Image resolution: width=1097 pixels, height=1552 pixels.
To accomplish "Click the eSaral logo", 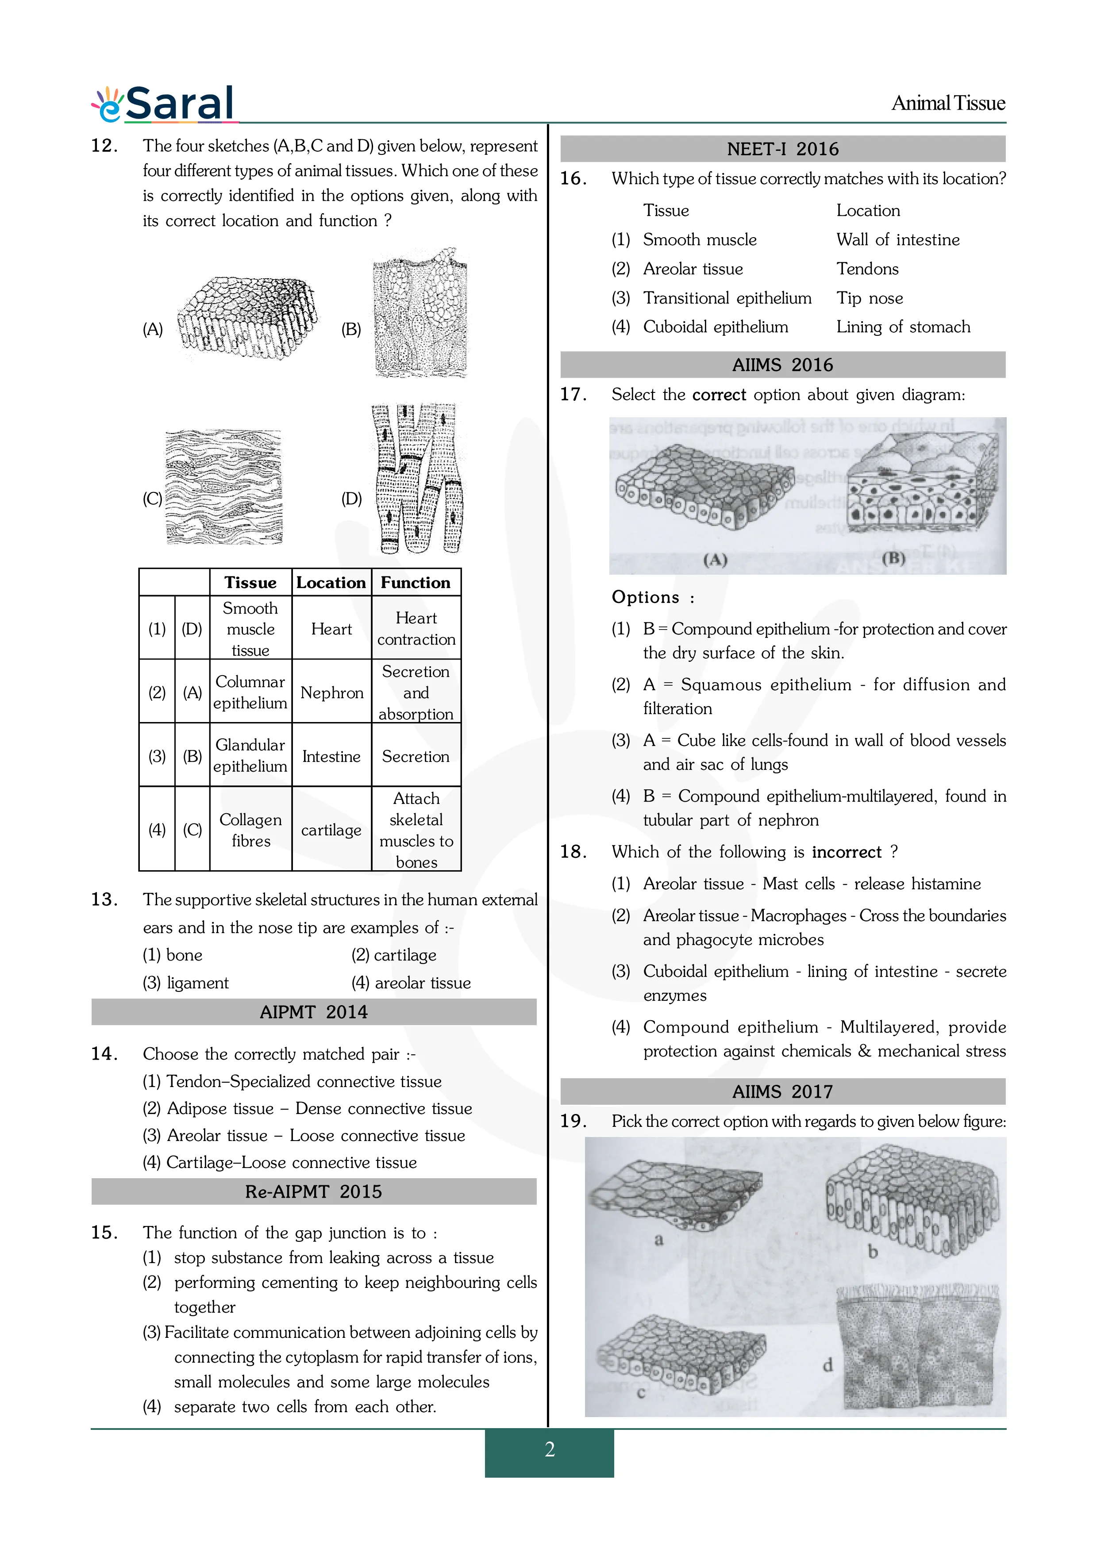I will (164, 104).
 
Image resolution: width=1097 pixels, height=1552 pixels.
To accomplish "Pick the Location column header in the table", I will (331, 583).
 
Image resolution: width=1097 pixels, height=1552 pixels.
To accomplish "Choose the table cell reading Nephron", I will (331, 693).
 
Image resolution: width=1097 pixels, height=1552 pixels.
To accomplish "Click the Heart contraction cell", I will (416, 629).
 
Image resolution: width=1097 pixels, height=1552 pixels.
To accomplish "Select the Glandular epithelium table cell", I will (250, 756).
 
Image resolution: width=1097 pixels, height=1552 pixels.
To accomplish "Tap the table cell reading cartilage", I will (331, 830).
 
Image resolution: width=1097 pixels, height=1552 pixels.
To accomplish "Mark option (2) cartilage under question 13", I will (393, 955).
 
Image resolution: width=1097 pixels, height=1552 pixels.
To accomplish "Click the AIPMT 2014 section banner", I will (314, 1012).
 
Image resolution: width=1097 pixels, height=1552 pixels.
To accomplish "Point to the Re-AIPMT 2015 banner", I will (314, 1192).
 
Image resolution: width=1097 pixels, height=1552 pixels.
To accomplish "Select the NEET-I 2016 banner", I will (783, 149).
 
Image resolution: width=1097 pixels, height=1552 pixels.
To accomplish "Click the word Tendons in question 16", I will (867, 269).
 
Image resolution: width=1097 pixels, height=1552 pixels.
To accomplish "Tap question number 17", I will (573, 395).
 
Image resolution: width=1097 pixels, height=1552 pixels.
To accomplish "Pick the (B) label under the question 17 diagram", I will (893, 558).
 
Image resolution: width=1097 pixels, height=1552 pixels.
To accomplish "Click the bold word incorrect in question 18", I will (846, 853).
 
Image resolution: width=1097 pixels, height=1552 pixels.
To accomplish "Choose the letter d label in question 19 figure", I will (828, 1365).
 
